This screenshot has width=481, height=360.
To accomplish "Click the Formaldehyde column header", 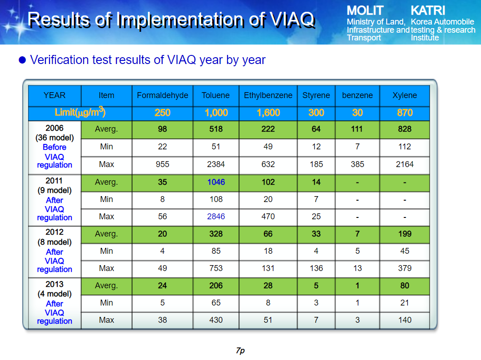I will [163, 95].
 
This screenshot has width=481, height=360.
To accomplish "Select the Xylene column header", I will [405, 95].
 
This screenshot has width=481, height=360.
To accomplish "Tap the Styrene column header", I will [316, 95].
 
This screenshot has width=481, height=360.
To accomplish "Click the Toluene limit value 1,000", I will [216, 113].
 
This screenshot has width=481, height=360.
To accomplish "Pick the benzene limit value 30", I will [357, 113].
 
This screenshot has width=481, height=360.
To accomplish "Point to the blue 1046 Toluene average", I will [216, 182].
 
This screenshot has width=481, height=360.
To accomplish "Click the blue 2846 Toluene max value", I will [216, 217].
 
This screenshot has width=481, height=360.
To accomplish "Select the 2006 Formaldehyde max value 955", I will [163, 164].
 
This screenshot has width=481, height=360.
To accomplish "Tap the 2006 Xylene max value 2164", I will [405, 164].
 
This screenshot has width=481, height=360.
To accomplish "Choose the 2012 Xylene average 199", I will [405, 234].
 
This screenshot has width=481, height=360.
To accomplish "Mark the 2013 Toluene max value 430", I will [216, 320].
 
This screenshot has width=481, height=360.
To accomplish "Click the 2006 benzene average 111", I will [357, 129].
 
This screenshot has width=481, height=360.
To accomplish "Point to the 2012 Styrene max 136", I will [316, 268].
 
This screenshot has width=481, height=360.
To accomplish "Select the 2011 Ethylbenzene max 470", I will [268, 217].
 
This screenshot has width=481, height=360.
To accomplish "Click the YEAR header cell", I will [55, 95].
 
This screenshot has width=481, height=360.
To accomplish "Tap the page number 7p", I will [241, 351].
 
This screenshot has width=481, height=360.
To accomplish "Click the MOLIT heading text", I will [365, 11].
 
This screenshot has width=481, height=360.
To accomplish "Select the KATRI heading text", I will [428, 11].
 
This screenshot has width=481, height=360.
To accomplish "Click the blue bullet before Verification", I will [22, 60].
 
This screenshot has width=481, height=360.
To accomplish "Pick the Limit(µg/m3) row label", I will [80, 113].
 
